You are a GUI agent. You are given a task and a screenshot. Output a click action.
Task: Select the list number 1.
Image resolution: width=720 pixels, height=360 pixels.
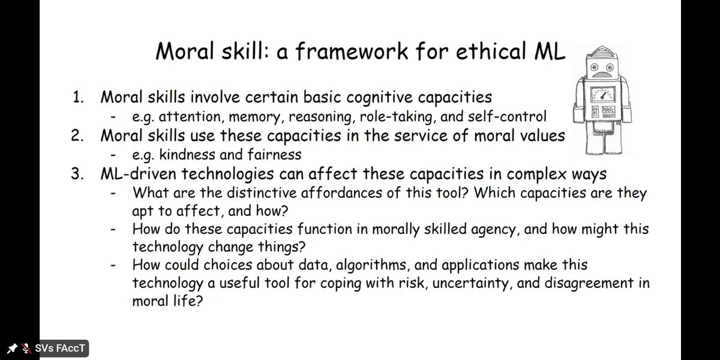(x=78, y=97)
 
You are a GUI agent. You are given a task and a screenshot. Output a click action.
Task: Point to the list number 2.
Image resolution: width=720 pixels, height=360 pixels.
(x=79, y=136)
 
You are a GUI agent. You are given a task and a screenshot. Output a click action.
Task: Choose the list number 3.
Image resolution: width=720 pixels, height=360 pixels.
(x=79, y=174)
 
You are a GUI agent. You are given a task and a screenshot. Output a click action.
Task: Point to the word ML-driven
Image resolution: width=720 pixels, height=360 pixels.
(x=136, y=174)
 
